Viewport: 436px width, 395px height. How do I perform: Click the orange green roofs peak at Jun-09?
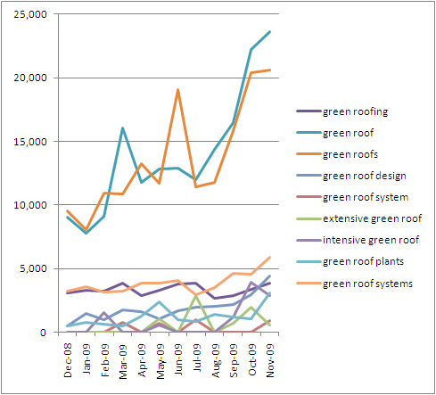[x=178, y=89]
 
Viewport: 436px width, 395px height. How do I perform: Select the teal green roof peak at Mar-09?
[x=123, y=128]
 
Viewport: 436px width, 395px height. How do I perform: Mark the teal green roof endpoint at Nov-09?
[x=270, y=31]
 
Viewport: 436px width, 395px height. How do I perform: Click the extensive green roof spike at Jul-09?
[x=196, y=295]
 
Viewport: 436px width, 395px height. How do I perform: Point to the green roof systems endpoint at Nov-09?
[x=270, y=258]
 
